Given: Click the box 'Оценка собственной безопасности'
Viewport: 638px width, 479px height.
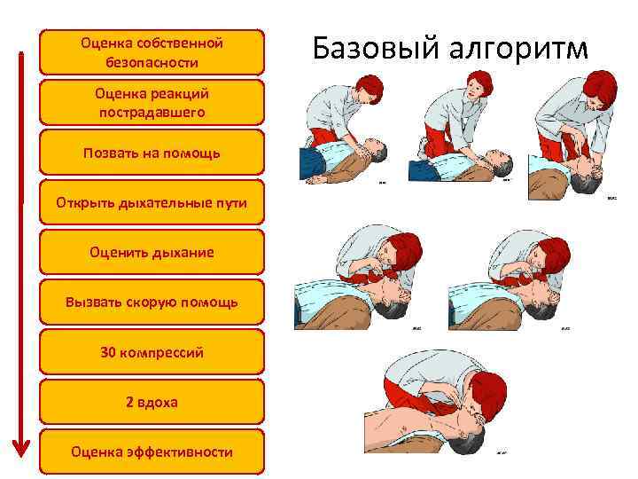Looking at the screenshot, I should [152, 52].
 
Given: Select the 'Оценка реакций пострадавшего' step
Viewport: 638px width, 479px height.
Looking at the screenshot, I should [152, 102].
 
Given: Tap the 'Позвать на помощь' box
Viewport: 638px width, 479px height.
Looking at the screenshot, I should [152, 153].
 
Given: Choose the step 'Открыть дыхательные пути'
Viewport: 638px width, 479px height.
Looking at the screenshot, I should [152, 203].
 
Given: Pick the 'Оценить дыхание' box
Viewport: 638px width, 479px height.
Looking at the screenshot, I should [152, 253].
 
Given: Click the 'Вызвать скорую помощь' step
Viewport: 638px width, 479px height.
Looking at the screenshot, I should [152, 302].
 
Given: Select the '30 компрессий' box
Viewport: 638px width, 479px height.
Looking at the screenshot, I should [152, 352].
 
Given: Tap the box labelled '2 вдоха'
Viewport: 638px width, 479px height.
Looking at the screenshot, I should [152, 402].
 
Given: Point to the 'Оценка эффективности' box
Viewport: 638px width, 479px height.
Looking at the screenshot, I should [152, 452].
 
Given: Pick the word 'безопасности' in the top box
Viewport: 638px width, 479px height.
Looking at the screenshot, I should [152, 62].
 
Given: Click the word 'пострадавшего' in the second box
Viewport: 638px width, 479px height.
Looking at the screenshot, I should [152, 113].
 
